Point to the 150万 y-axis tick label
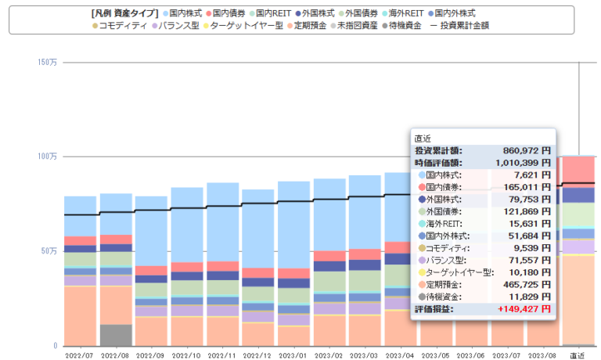(46, 62)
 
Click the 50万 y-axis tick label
(49, 251)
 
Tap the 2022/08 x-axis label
(116, 355)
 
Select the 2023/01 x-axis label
(293, 355)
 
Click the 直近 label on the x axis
(578, 355)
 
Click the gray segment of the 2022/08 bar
(116, 335)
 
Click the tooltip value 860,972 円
(524, 150)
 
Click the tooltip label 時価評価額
(438, 162)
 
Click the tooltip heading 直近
(423, 138)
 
